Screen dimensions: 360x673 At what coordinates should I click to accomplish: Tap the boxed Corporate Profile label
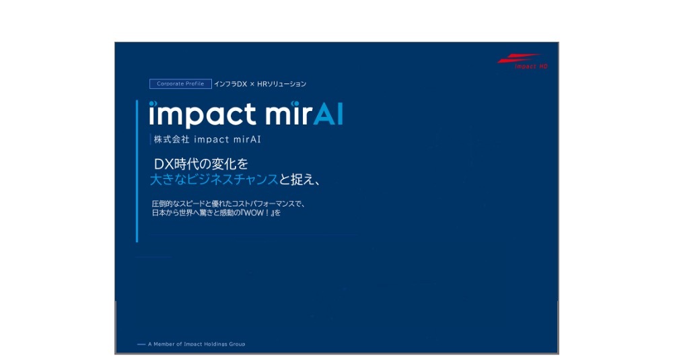[x=176, y=84]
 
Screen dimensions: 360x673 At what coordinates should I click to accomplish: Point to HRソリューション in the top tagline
[x=282, y=84]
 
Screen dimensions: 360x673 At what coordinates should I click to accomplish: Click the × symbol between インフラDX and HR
[x=252, y=84]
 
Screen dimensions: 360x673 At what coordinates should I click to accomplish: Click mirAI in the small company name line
[x=245, y=141]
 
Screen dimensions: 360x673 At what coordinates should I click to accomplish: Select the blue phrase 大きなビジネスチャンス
[x=214, y=180]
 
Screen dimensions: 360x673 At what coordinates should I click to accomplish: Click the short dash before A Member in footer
[x=141, y=344]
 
